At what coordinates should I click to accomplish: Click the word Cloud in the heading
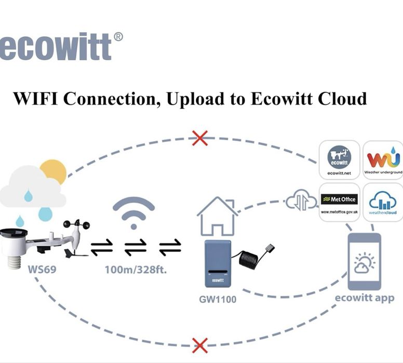[340, 98]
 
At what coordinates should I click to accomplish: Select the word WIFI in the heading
[38, 98]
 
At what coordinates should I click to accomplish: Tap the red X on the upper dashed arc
[200, 138]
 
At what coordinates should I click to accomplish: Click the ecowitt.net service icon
[339, 159]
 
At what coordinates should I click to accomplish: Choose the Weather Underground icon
[383, 159]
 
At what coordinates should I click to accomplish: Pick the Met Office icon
[339, 201]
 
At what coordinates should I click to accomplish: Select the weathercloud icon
[383, 201]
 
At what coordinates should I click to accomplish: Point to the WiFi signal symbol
[133, 213]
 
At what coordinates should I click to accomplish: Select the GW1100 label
[217, 300]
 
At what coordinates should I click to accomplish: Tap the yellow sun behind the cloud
[54, 171]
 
